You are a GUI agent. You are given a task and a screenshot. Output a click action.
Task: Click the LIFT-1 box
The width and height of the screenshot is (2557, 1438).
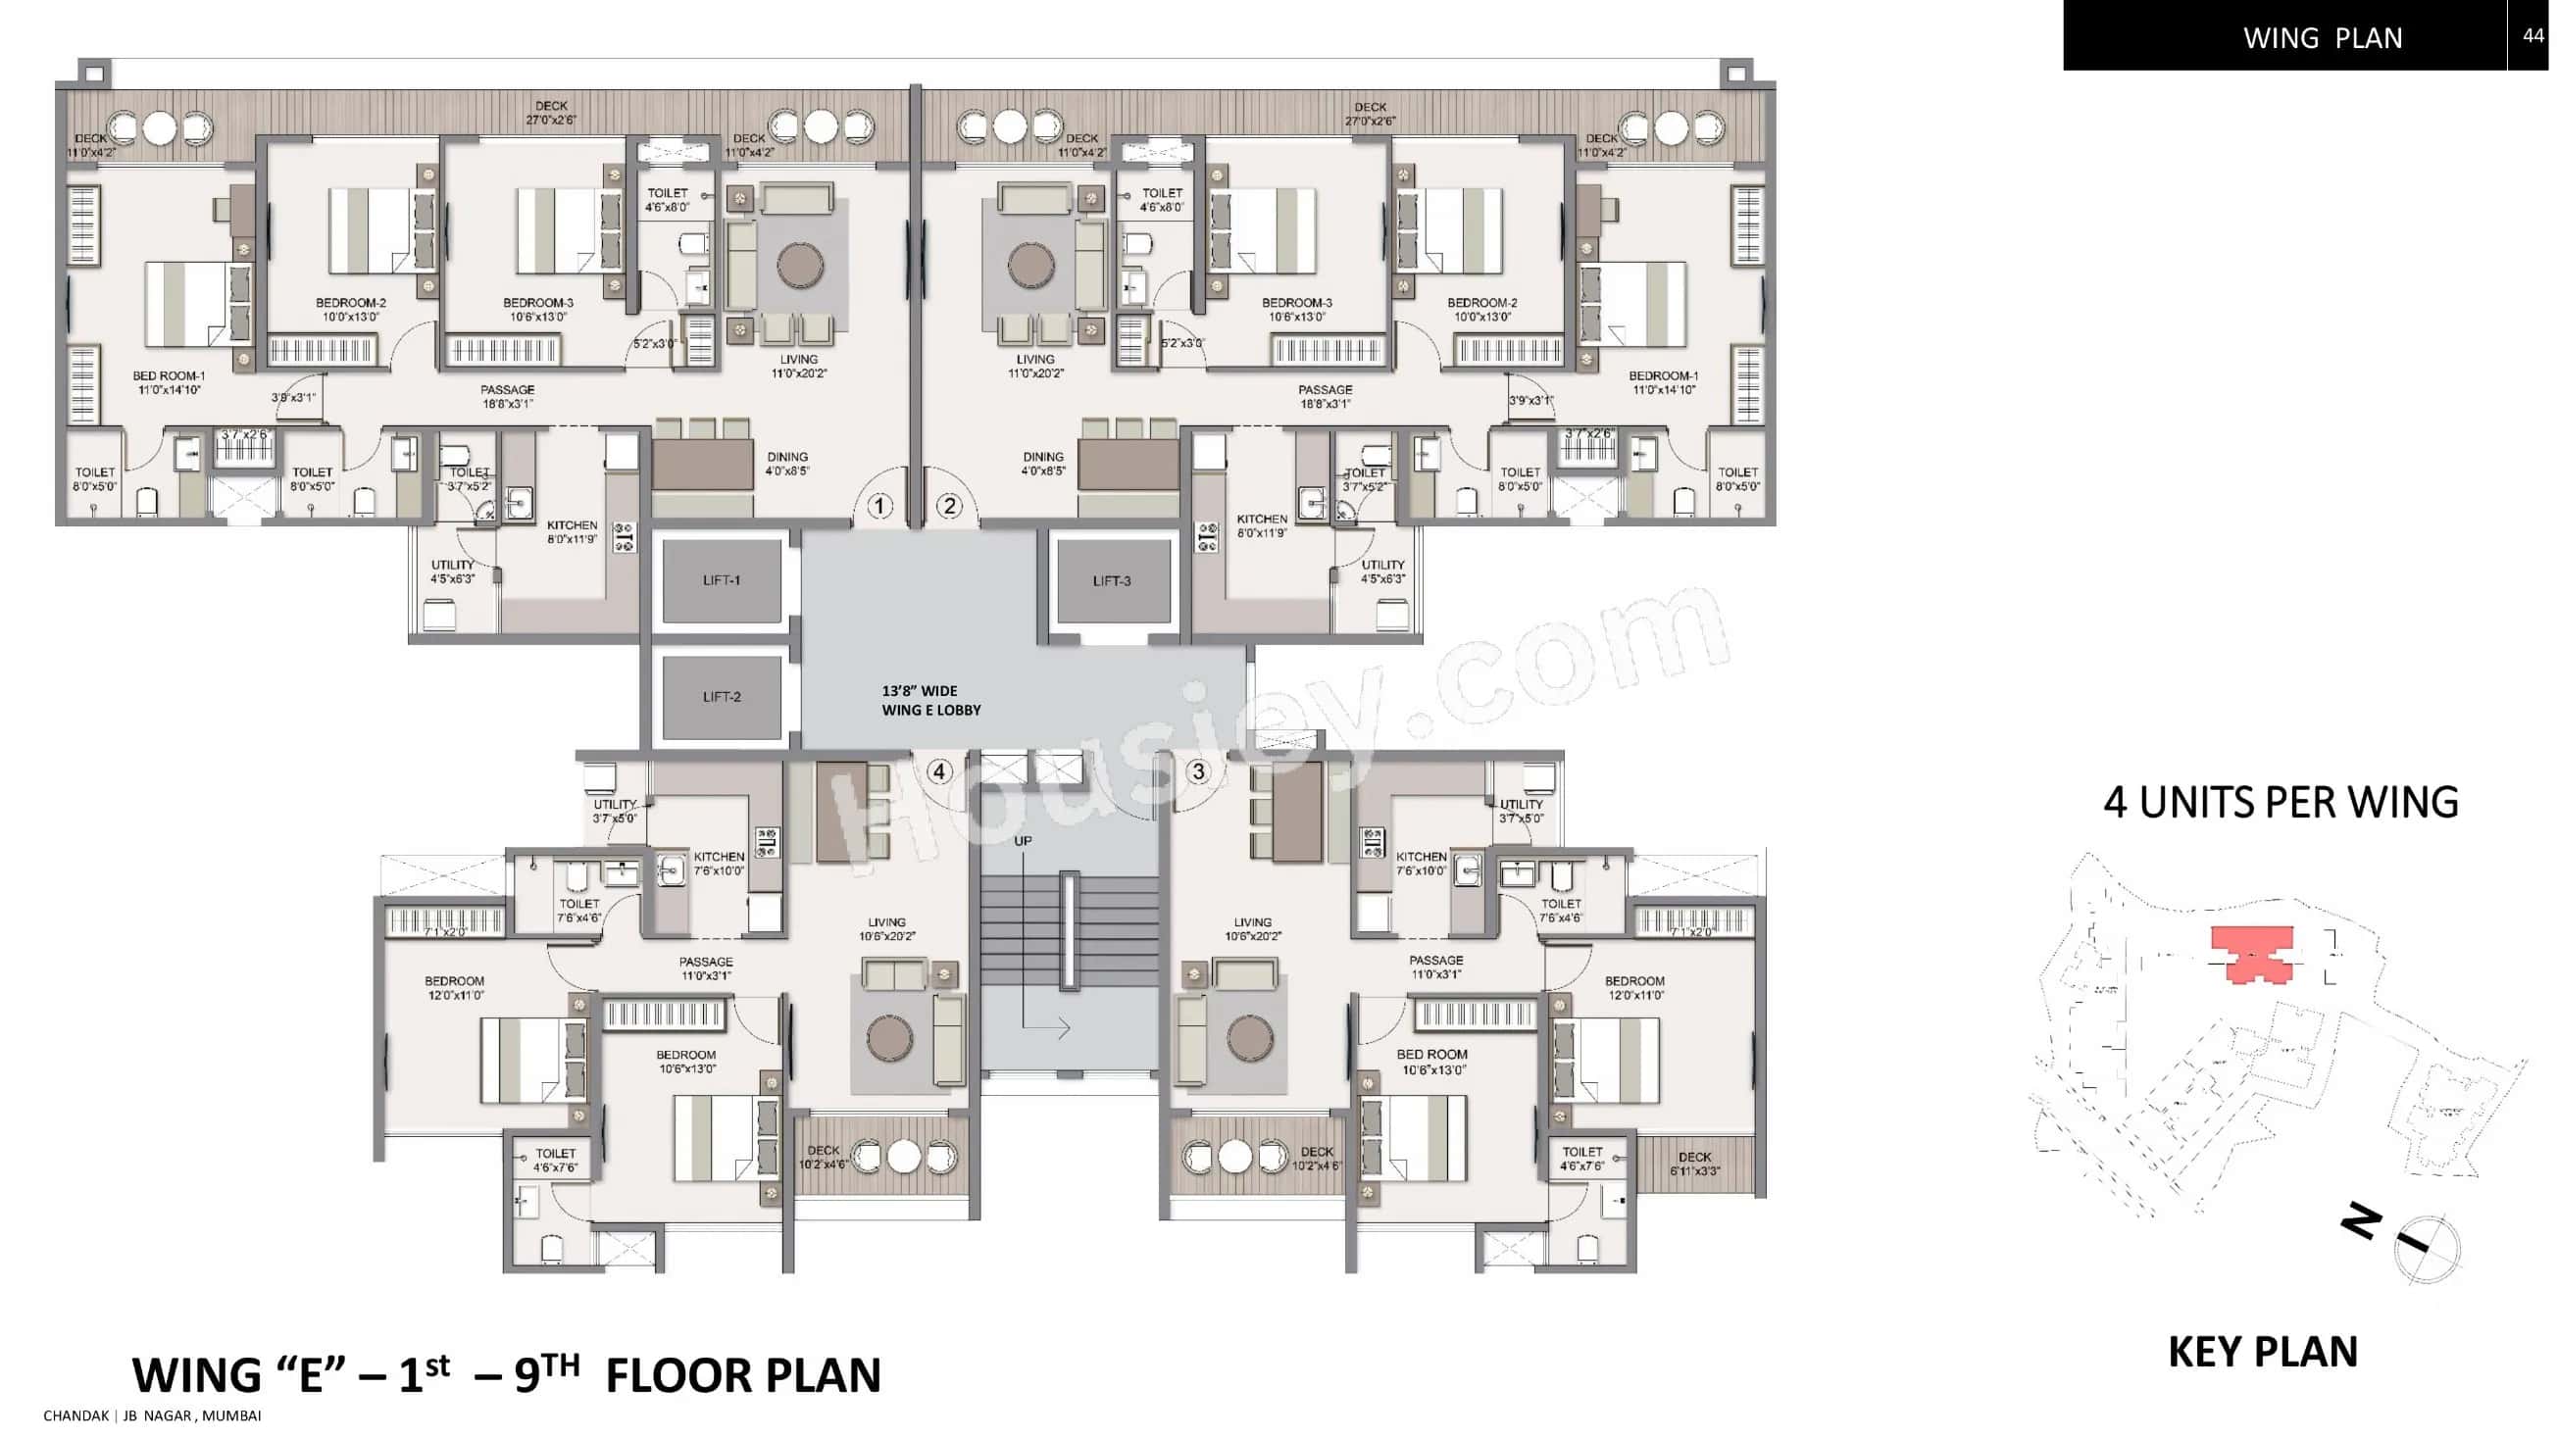(722, 580)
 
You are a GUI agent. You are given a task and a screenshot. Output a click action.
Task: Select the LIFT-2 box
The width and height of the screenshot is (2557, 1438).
(722, 697)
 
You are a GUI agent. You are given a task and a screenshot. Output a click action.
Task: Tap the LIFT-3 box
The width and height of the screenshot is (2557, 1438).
(1111, 580)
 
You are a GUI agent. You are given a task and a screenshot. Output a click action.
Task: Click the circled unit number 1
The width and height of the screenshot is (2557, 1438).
(879, 506)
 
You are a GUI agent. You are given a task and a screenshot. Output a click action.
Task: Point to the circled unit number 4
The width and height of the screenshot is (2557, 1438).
(939, 771)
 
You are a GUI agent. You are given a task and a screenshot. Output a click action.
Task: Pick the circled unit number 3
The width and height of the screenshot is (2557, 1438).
(1198, 771)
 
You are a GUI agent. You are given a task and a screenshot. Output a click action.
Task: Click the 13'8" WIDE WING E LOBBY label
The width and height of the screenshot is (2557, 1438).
(930, 701)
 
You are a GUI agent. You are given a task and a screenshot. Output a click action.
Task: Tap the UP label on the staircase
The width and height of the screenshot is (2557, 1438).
(1023, 841)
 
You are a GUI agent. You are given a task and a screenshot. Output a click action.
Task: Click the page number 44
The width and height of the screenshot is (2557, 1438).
(2532, 35)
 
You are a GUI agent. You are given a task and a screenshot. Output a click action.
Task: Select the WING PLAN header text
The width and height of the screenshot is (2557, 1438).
(2322, 37)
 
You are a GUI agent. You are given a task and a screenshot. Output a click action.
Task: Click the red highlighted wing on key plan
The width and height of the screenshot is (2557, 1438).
(2253, 953)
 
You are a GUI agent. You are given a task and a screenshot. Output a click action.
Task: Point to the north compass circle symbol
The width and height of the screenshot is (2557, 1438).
(2427, 1249)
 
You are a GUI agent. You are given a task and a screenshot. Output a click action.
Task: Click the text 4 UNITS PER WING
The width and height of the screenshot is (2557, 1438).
(2281, 802)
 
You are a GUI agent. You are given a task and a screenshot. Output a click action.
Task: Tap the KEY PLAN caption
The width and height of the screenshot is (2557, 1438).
(2262, 1352)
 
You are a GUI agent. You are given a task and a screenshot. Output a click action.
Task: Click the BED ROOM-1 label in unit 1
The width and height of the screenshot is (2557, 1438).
(169, 383)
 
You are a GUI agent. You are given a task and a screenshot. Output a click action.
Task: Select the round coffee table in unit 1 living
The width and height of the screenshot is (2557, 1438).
(800, 265)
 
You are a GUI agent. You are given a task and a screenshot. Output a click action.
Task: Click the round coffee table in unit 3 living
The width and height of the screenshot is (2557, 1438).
(1250, 1038)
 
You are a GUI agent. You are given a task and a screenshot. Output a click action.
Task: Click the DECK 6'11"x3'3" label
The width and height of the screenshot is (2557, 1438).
(1694, 1164)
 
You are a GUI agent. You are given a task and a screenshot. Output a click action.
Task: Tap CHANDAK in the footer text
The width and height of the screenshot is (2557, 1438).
(76, 1415)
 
